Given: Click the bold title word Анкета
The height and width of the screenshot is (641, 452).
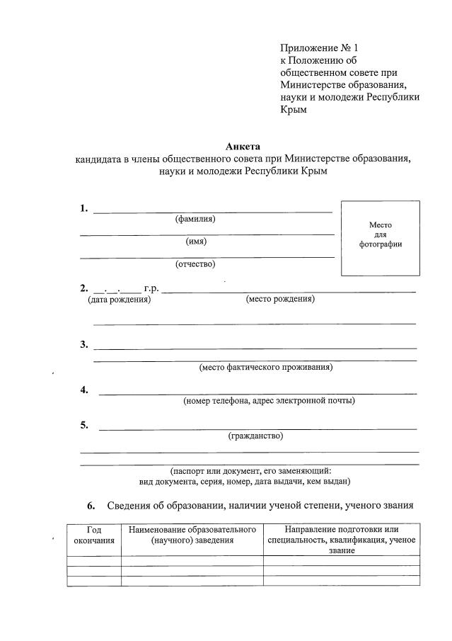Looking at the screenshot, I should point(243,147).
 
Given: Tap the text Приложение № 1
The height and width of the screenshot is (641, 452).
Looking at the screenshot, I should point(320,47).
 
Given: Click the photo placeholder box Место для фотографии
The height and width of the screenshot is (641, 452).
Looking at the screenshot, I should point(381,237).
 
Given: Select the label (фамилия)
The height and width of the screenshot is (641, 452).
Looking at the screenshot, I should point(195,219).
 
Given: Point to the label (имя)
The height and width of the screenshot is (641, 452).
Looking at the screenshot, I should point(196,242).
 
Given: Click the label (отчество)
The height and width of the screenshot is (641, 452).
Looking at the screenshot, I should point(195,264).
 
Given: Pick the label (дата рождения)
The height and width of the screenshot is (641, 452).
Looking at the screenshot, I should point(119,300).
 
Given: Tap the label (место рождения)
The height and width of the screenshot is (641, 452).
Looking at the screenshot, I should point(280,300).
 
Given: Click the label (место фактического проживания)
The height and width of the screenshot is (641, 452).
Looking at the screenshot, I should point(266,367).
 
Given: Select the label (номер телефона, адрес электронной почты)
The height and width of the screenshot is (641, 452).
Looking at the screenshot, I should point(269,401).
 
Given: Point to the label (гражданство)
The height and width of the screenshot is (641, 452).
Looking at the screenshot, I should point(255,436).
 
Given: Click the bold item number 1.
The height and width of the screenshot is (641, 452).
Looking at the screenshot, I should point(83,208).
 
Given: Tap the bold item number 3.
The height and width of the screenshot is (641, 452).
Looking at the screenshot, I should point(83,345).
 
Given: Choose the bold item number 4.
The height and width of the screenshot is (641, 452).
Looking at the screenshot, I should point(83,390).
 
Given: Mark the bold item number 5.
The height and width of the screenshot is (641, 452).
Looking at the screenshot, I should point(83,425).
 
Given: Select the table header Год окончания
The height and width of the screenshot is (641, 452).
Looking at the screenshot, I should point(94,535).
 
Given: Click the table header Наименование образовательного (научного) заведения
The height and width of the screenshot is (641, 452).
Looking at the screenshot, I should point(192,535).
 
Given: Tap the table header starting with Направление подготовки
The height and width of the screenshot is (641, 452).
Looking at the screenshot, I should point(342,540).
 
